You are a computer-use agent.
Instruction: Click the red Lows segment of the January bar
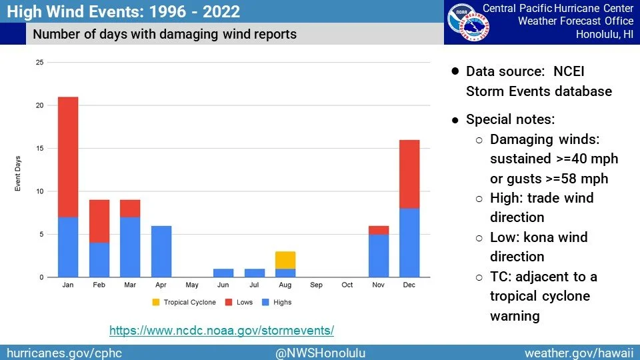[x=68, y=157]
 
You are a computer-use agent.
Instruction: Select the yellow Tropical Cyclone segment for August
[x=285, y=260]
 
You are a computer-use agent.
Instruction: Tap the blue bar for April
[x=161, y=251]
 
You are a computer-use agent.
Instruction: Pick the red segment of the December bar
[x=409, y=174]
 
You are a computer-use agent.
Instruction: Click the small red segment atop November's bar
[x=379, y=230]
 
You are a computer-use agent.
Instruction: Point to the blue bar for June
[x=223, y=273]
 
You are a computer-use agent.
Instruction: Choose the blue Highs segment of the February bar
[x=99, y=260]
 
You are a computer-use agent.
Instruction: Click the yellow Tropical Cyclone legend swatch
[x=156, y=302]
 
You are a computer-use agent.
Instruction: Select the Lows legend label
[x=245, y=302]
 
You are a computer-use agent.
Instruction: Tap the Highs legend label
[x=283, y=302]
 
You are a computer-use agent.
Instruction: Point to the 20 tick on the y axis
[x=39, y=105]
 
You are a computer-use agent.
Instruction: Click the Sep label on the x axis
[x=316, y=285]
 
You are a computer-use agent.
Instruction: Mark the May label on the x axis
[x=192, y=285]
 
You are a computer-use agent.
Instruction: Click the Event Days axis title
[x=17, y=173]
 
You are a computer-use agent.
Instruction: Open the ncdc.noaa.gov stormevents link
[x=221, y=330]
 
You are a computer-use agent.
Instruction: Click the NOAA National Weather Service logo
[x=468, y=23]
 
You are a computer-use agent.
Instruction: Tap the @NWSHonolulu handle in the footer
[x=321, y=353]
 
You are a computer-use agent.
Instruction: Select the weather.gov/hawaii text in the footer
[x=579, y=353]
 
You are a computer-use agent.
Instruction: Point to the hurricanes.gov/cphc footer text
[x=65, y=353]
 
